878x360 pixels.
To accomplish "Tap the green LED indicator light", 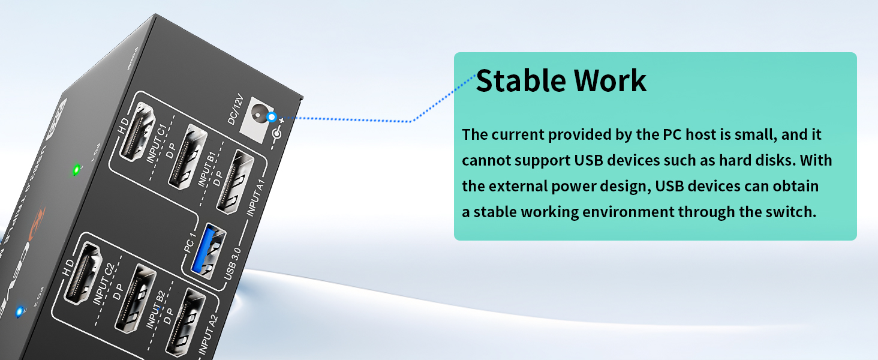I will point(76,170).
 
